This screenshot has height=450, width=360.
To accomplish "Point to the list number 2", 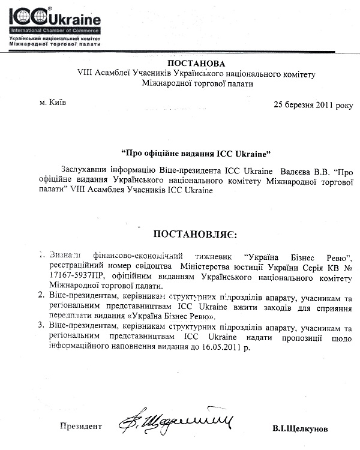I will [40, 295].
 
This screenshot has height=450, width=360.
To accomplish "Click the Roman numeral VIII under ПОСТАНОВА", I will [86, 74].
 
